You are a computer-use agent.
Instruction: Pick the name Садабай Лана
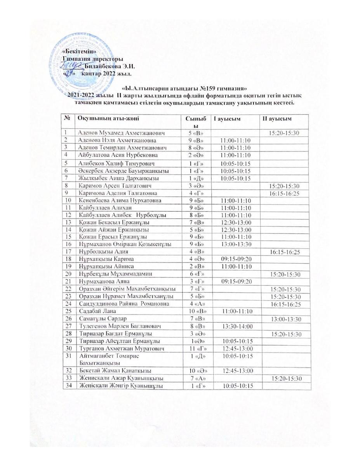[97, 311]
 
